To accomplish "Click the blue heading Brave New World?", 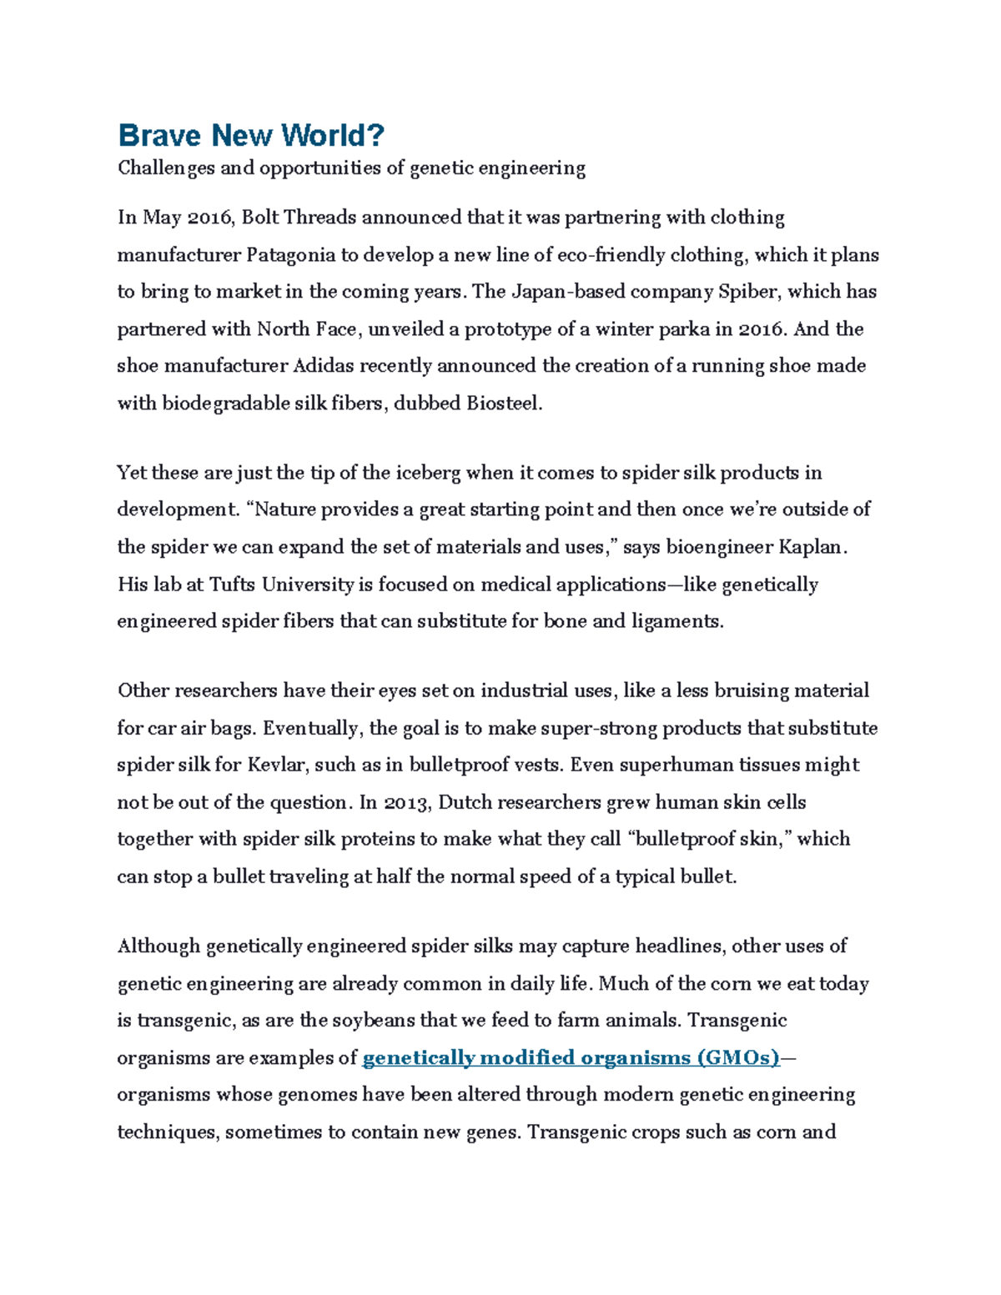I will click(251, 135).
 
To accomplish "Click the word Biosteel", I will click(503, 404).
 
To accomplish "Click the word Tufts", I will click(233, 585).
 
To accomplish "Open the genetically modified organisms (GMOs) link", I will click(571, 1058).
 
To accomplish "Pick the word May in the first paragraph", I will click(162, 218).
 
